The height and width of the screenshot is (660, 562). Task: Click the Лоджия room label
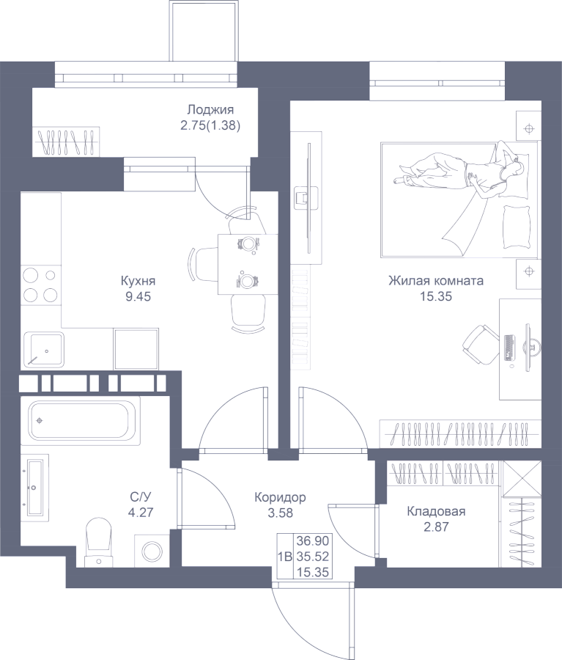click(210, 110)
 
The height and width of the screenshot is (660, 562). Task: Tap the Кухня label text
click(138, 281)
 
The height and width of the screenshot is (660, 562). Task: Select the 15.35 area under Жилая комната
click(436, 296)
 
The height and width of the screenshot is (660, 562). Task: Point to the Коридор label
click(280, 497)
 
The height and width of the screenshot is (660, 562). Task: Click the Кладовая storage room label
click(436, 511)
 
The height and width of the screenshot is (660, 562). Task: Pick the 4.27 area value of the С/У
click(141, 513)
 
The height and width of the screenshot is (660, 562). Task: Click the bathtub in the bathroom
click(81, 421)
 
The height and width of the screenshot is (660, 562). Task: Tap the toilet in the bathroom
click(98, 542)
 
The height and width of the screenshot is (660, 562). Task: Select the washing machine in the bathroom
click(152, 551)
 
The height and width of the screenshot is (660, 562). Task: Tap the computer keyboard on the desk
click(509, 348)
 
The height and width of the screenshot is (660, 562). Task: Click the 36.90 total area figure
click(313, 540)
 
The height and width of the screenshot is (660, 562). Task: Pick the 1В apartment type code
click(285, 557)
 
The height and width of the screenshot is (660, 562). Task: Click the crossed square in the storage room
click(522, 479)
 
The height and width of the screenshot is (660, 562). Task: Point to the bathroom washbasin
click(34, 488)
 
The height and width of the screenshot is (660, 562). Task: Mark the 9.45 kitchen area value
click(138, 296)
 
